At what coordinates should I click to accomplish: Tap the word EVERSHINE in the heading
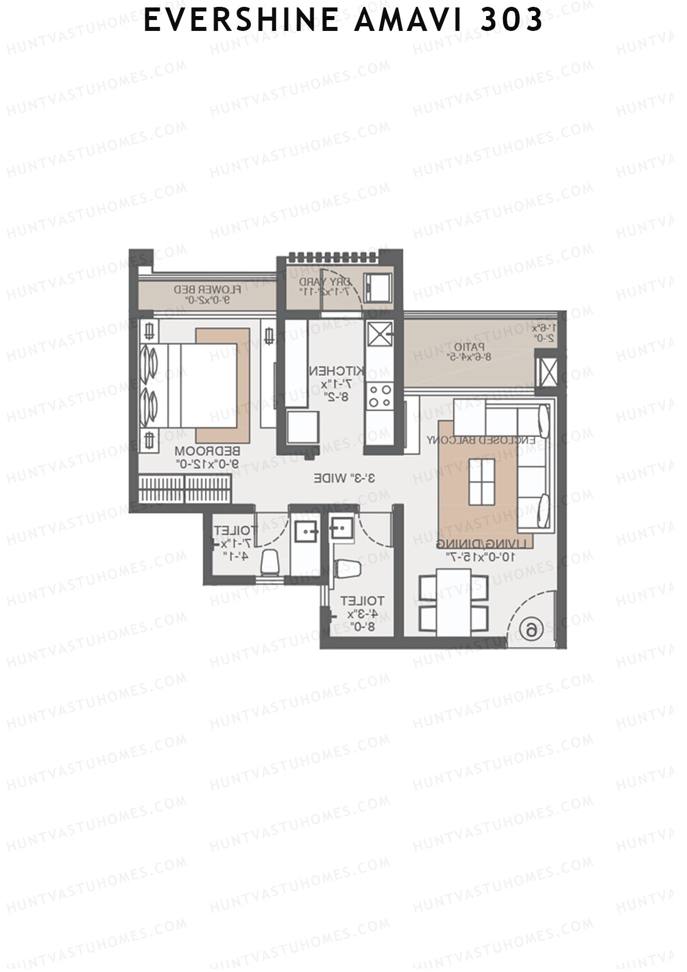(x=240, y=20)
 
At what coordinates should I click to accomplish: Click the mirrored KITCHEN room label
(x=337, y=371)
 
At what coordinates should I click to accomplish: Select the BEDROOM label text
(x=207, y=451)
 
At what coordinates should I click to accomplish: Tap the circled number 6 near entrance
(x=531, y=629)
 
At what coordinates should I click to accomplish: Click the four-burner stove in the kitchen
(x=379, y=395)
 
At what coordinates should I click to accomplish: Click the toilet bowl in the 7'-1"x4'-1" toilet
(x=270, y=563)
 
